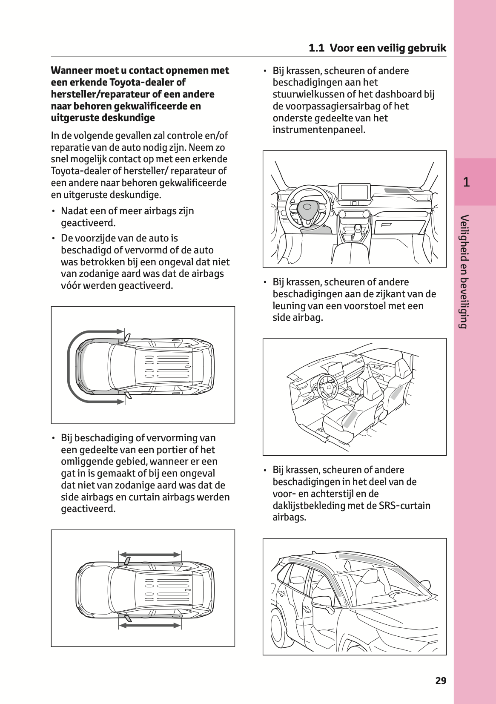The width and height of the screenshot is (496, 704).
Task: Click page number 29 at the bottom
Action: click(x=441, y=681)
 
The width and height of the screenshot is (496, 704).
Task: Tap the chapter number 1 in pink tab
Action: click(x=466, y=182)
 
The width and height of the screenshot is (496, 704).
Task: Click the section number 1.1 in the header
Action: click(x=316, y=48)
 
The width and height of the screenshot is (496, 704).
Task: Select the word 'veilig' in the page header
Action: click(x=390, y=48)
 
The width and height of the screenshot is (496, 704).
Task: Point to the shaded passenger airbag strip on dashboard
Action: click(x=397, y=190)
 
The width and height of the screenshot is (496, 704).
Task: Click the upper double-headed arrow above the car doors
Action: click(x=149, y=555)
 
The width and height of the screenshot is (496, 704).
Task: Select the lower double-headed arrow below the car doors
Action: click(x=149, y=625)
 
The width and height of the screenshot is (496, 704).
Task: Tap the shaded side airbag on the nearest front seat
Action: click(x=350, y=420)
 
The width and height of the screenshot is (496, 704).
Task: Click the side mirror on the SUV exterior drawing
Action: click(x=322, y=602)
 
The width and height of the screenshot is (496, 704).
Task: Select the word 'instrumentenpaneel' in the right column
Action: click(x=318, y=129)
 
